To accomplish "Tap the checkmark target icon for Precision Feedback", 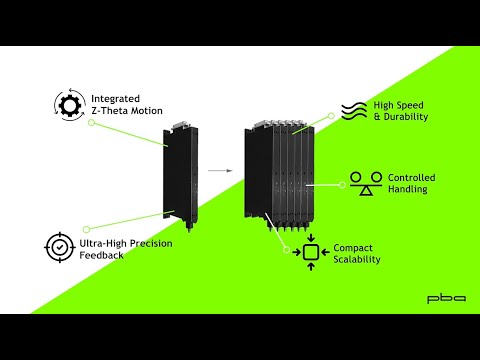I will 59,247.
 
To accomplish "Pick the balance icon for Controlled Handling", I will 361,183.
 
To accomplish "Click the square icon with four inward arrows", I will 311,253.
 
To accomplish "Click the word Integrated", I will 115,99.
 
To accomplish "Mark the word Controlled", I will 410,178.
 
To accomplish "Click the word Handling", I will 406,190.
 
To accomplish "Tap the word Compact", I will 354,247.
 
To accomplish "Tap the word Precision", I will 151,243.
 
